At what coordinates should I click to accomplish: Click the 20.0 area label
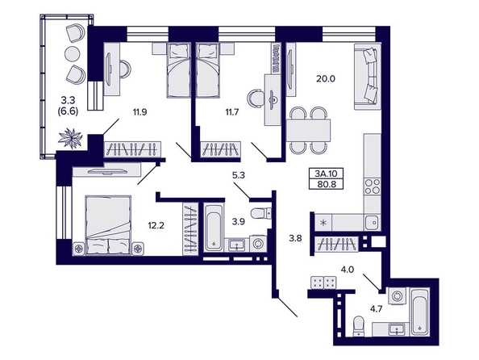[x=326, y=79]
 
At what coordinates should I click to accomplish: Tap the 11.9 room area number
[x=140, y=112]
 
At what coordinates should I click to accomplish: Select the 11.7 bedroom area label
[x=232, y=112]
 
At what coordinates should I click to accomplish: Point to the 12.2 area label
[x=156, y=226]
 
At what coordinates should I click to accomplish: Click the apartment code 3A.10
[x=326, y=174]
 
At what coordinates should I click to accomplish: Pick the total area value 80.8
[x=326, y=184]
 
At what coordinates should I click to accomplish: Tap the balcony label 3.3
[x=68, y=100]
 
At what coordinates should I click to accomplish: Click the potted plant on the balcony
[x=71, y=139]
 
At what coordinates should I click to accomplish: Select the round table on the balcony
[x=73, y=54]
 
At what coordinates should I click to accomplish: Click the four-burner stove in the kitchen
[x=373, y=186]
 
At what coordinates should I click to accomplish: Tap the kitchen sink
[x=373, y=221]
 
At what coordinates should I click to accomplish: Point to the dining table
[x=308, y=130]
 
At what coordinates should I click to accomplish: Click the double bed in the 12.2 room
[x=108, y=225]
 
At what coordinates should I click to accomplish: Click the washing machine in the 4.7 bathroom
[x=398, y=296]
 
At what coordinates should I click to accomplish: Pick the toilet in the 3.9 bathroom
[x=260, y=213]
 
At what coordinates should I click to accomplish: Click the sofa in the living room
[x=368, y=76]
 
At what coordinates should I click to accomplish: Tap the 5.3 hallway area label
[x=239, y=176]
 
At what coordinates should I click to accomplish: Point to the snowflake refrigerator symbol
[x=323, y=222]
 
